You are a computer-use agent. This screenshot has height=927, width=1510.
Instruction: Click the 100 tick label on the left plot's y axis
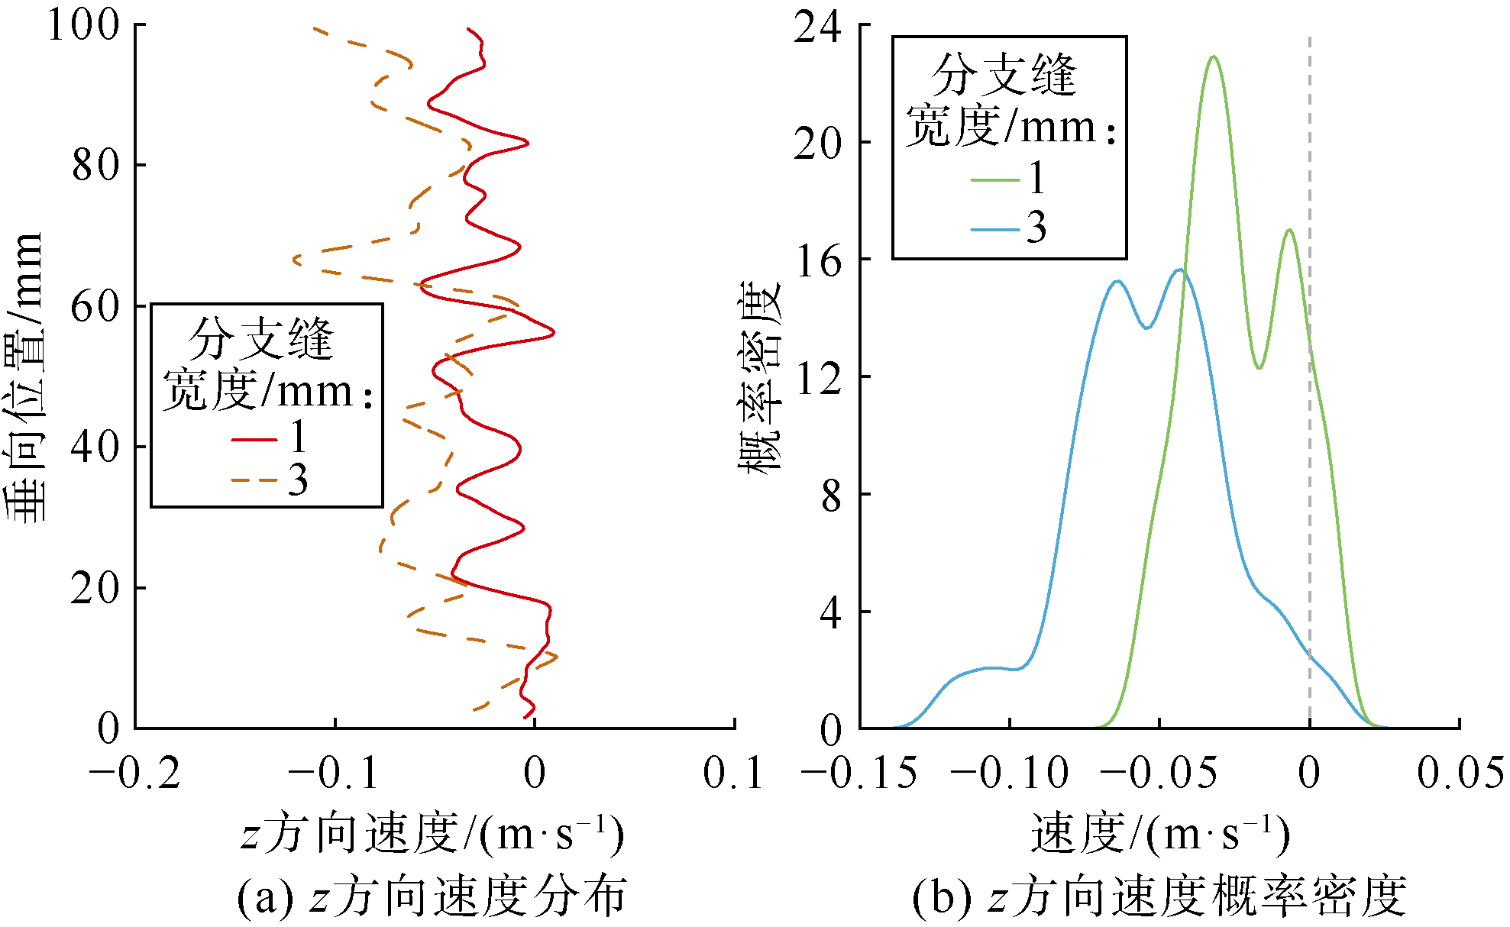pos(84,24)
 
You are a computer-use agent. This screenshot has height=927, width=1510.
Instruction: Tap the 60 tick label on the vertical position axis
pos(95,306)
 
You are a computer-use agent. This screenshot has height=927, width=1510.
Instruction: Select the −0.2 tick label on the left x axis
pos(135,774)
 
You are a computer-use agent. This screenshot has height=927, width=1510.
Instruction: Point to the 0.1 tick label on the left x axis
pos(733,774)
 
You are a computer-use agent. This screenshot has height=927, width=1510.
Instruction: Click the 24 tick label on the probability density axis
pos(817,27)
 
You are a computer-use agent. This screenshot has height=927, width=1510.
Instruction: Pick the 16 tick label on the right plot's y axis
pos(819,262)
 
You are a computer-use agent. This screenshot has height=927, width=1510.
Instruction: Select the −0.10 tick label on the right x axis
pos(1010,774)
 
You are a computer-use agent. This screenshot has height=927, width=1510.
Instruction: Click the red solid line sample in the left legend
pos(254,439)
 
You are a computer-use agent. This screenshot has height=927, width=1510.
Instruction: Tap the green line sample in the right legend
pos(995,180)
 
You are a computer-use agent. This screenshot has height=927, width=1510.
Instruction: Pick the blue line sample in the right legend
pos(995,228)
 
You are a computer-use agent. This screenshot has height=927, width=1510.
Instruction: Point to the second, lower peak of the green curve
pos(1289,230)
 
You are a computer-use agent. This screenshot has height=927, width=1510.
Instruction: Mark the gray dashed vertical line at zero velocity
pos(1310,458)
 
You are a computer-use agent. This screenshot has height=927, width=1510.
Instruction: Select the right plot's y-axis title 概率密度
pos(760,378)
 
